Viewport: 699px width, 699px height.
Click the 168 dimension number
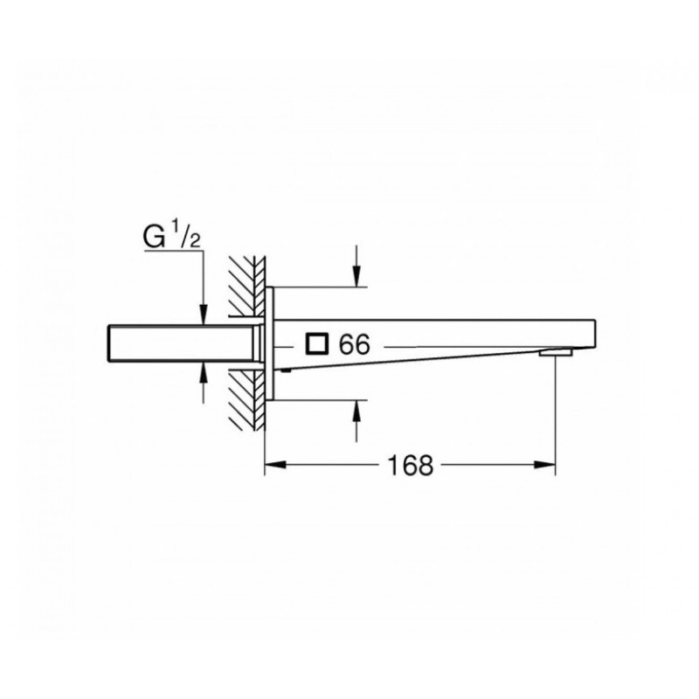(411, 466)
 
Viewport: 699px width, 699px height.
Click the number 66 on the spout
(355, 344)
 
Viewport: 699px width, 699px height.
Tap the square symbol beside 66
(316, 344)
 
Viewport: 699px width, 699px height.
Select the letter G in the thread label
(155, 237)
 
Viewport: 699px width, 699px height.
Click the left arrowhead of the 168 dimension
(275, 465)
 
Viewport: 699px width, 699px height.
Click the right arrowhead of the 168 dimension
(544, 465)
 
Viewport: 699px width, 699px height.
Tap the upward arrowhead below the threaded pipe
(204, 372)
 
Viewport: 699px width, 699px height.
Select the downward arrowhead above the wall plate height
(356, 276)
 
